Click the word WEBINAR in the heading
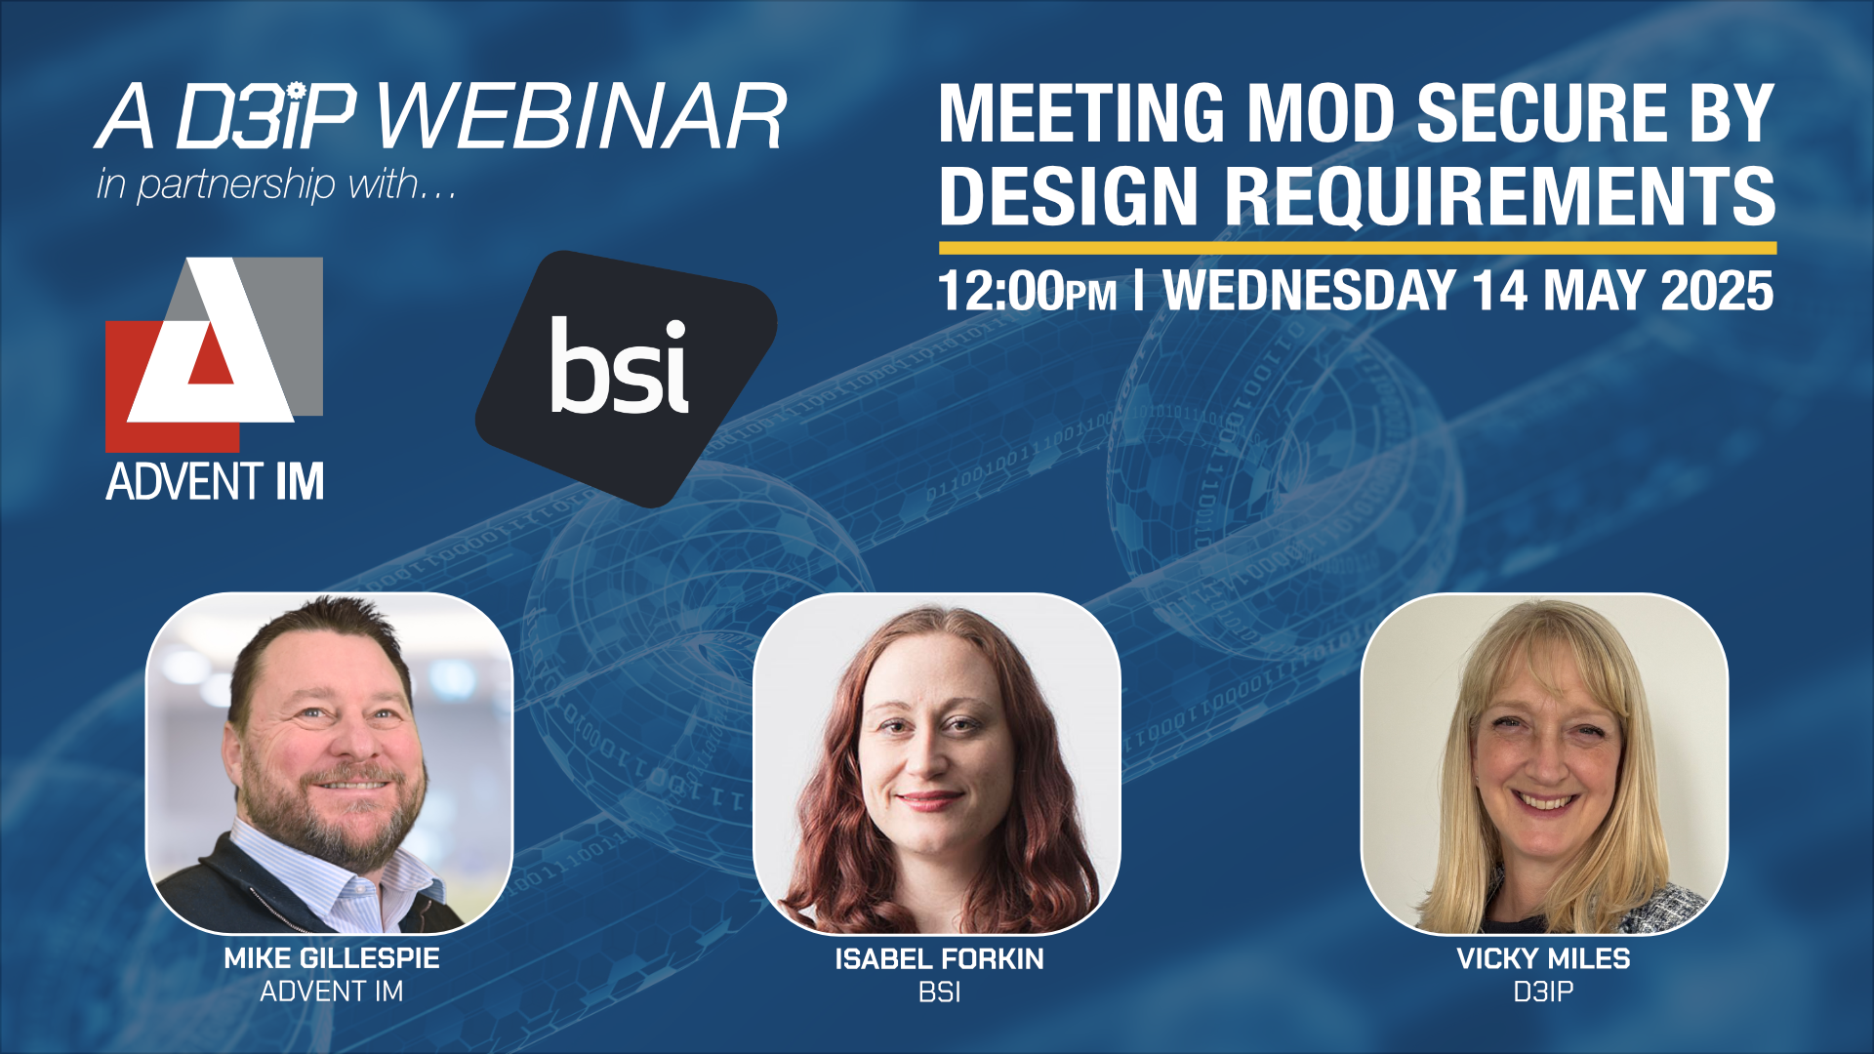582,116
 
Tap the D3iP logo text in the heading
266,116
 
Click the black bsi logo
626,379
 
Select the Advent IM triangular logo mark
214,354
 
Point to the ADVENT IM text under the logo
215,482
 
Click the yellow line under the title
1358,248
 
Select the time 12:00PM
1027,292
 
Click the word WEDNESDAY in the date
1310,291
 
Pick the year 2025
1717,291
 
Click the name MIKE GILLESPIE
332,958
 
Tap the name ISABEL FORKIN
939,959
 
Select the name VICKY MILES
1543,959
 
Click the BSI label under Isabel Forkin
939,993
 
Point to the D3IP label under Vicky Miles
1543,993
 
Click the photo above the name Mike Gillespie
330,763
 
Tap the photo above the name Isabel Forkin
937,763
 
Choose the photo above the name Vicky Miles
1544,763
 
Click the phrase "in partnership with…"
276,184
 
